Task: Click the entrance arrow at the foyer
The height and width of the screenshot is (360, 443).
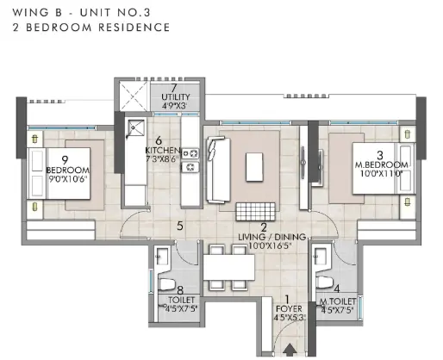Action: (290, 350)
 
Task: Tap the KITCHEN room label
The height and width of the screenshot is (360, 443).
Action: (163, 151)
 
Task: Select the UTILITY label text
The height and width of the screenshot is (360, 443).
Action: (176, 97)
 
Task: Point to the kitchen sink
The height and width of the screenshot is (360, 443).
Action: (136, 128)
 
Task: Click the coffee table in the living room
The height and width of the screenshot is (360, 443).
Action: (254, 167)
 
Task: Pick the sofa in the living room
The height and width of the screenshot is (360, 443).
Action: (218, 170)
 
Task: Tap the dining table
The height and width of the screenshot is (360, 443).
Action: (229, 267)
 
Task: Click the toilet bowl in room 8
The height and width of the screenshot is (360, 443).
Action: (167, 284)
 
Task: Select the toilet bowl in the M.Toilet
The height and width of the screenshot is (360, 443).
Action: (324, 282)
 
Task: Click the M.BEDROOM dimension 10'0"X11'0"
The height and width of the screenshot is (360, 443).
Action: (382, 173)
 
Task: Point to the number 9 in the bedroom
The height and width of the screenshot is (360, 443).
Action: (65, 160)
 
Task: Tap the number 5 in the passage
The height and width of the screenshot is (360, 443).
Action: (180, 226)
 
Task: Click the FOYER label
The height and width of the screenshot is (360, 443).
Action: (289, 309)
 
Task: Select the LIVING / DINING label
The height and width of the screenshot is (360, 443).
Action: (272, 237)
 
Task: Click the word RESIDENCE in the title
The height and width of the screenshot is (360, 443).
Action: (134, 28)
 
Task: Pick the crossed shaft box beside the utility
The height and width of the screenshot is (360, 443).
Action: (134, 96)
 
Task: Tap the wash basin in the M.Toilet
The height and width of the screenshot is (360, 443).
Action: (321, 257)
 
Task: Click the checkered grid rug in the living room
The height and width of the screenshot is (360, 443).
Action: (255, 212)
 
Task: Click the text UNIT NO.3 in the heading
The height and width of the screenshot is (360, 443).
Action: (115, 13)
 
